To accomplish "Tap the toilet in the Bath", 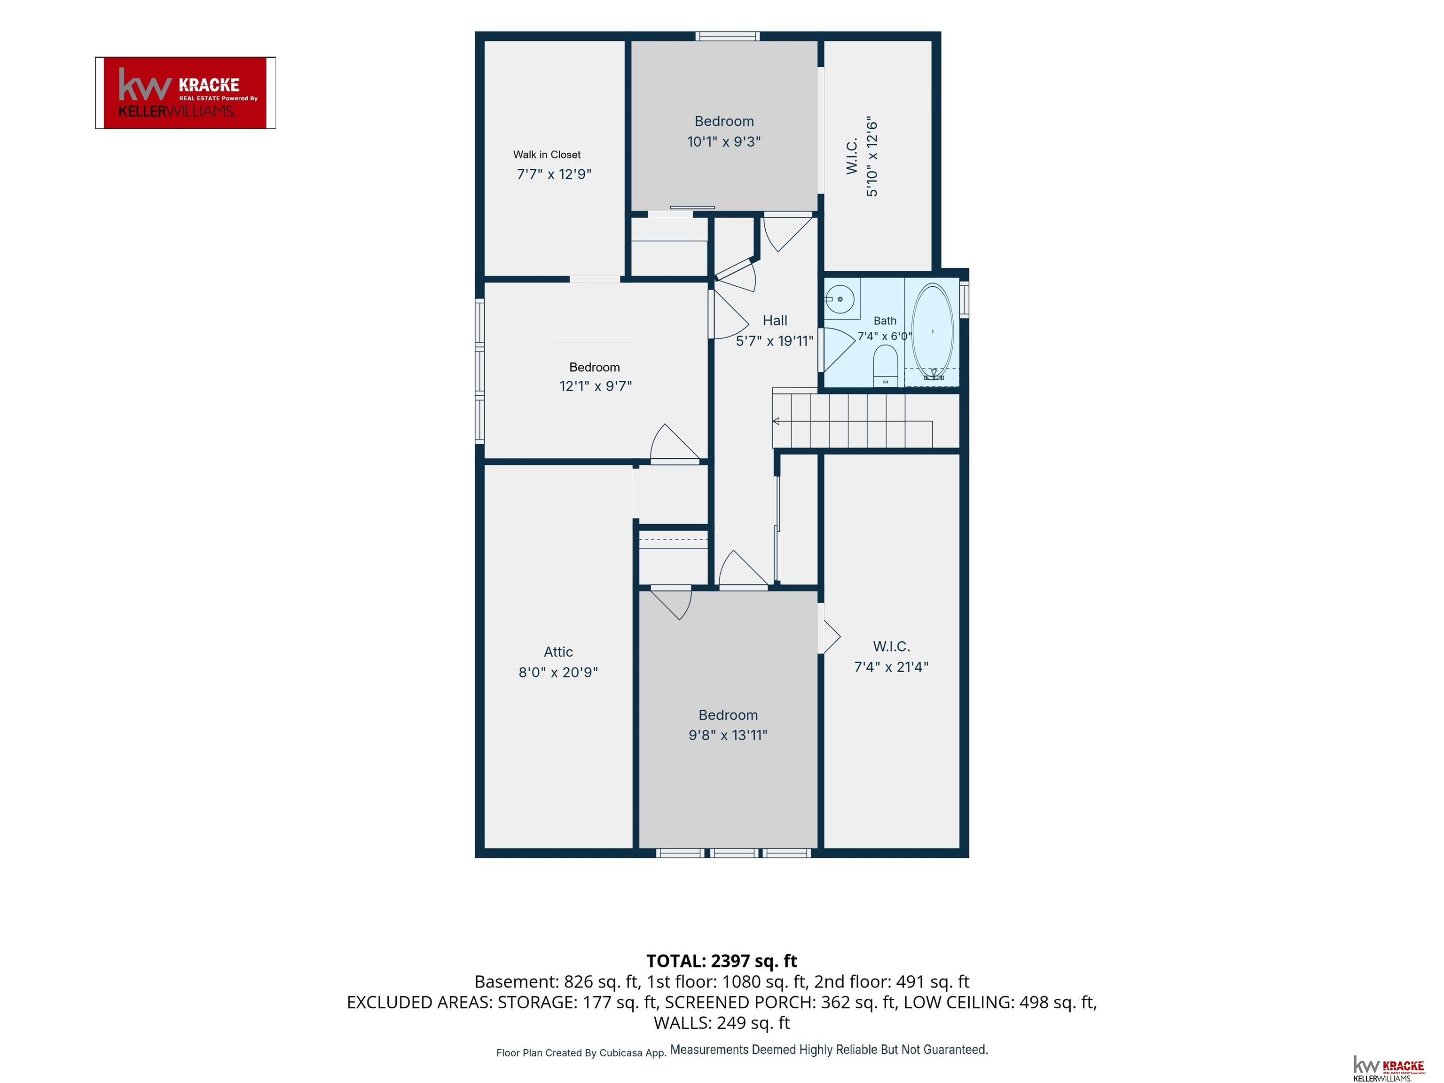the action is click(x=886, y=366).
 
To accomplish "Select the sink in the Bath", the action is click(x=840, y=299).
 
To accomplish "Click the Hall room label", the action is click(x=775, y=321).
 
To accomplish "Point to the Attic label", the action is click(x=558, y=651).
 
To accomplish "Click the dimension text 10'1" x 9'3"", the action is click(x=724, y=141).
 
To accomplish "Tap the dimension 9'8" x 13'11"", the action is click(x=728, y=735).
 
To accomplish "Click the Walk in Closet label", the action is click(x=547, y=155).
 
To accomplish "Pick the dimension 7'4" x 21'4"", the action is click(x=891, y=667).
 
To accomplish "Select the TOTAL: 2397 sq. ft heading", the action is click(x=722, y=961).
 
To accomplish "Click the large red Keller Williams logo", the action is click(x=185, y=93).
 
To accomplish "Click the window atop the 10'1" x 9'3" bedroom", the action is click(x=727, y=36).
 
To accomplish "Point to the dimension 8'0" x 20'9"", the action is click(x=558, y=672).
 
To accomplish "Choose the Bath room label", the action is click(x=885, y=321).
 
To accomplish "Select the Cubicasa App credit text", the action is click(x=581, y=1053).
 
